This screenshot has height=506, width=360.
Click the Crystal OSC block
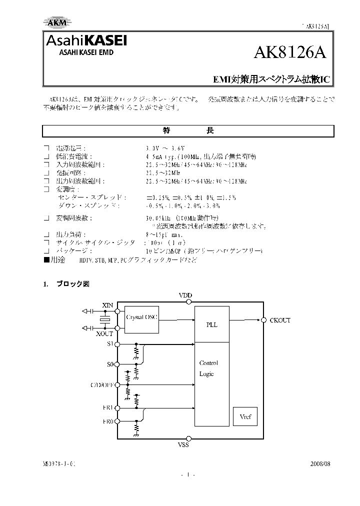point(140,317)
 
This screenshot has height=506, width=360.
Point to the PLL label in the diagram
point(211,324)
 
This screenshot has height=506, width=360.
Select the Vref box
point(245,416)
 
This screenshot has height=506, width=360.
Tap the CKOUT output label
point(279,320)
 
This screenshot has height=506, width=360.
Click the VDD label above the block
point(185,296)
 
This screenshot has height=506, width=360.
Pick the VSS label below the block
point(183,444)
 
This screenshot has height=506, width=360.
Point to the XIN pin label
point(108,305)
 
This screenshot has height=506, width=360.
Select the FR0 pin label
point(108,421)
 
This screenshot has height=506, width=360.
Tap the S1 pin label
point(110,344)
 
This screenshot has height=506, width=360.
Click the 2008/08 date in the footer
point(320,464)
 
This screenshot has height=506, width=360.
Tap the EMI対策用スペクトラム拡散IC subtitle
point(271,79)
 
